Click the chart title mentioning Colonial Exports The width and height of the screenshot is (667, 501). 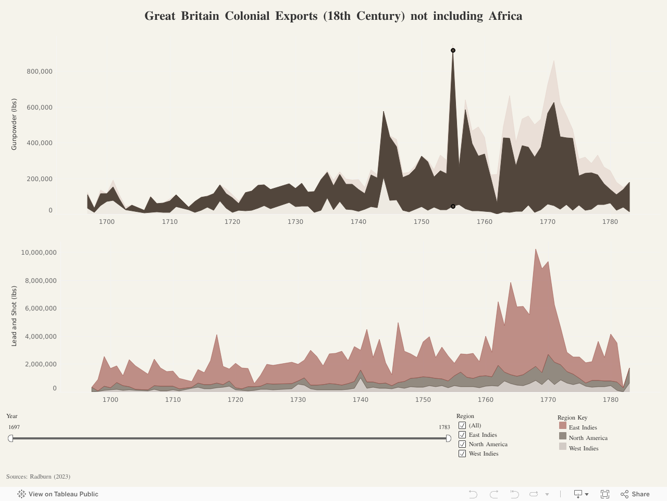tap(333, 16)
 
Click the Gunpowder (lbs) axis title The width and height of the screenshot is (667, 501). tap(14, 124)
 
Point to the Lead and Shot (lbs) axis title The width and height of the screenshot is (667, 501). tap(14, 316)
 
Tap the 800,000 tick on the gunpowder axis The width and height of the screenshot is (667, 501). tap(40, 71)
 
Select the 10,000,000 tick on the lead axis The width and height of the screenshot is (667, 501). tap(39, 253)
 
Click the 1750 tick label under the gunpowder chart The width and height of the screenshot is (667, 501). tap(421, 222)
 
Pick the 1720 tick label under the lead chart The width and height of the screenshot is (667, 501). tap(235, 400)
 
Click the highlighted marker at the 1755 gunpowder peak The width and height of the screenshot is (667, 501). tap(453, 51)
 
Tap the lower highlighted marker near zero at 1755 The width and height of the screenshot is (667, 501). tap(453, 207)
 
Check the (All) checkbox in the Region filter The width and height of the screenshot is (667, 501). tap(462, 425)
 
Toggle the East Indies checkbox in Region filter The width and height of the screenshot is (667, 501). tap(462, 435)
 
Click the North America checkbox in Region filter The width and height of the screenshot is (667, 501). tap(462, 444)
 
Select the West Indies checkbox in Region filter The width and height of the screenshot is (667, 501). tap(462, 454)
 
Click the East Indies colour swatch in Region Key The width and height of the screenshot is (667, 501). tap(563, 426)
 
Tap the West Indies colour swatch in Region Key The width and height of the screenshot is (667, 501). tap(563, 447)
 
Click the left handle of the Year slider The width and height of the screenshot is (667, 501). tap(10, 438)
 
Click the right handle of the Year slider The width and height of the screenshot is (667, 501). tap(448, 438)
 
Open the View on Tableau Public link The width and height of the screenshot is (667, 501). tap(58, 494)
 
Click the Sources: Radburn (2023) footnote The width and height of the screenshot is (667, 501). tap(38, 476)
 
